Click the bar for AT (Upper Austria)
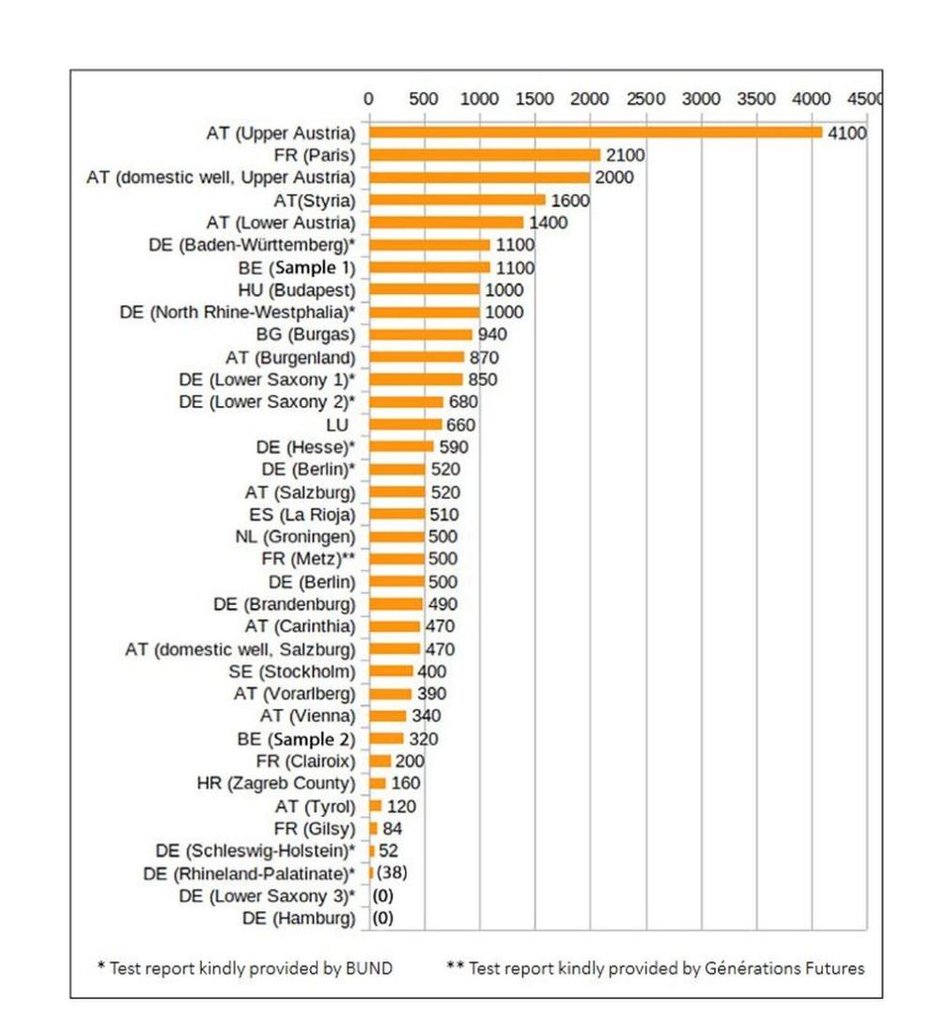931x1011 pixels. tap(596, 132)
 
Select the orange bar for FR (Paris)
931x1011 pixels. tap(485, 154)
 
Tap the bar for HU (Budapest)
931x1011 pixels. tap(425, 289)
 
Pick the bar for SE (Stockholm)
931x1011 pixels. tap(391, 671)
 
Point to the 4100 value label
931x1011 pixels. tap(846, 133)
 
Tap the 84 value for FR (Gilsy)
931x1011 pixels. tap(393, 828)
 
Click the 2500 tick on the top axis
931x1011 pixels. tap(646, 99)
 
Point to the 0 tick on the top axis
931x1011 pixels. tap(368, 99)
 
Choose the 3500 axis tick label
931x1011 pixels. tap(757, 99)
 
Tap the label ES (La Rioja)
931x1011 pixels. tap(296, 514)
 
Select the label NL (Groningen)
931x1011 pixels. tap(295, 537)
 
